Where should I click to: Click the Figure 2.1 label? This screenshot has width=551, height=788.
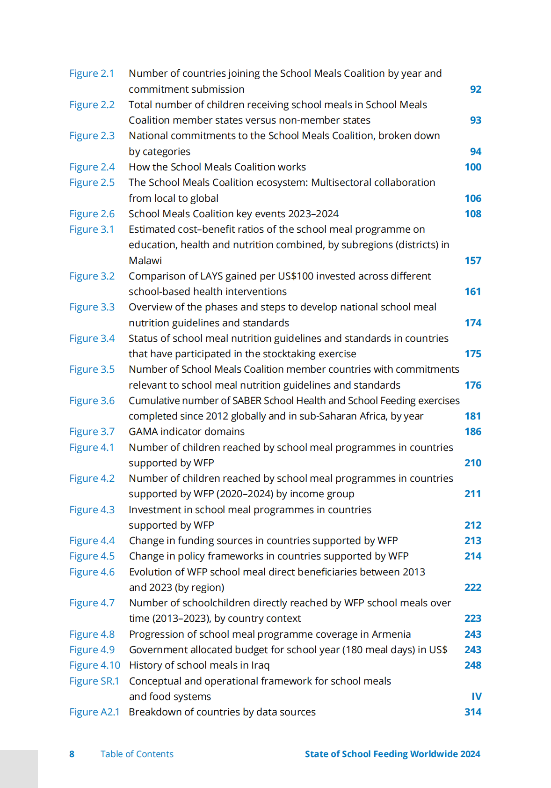(x=92, y=74)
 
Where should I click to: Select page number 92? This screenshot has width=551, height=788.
(x=475, y=89)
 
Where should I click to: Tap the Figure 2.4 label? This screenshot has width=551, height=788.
(x=92, y=167)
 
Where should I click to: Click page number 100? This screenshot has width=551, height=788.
(x=472, y=167)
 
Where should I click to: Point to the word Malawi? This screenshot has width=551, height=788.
(x=145, y=261)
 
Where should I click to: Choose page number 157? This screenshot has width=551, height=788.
(x=472, y=261)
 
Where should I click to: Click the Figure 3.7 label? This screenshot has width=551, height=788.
(x=92, y=432)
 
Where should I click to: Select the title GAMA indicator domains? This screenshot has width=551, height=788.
(x=187, y=432)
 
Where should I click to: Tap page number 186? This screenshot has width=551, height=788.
(x=472, y=432)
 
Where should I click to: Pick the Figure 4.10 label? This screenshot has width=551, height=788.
(x=94, y=665)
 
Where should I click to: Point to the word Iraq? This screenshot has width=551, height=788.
(x=260, y=665)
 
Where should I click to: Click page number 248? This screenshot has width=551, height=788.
(x=472, y=665)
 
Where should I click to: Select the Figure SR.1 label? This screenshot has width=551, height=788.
(x=94, y=681)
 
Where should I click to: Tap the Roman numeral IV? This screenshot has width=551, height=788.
(x=476, y=697)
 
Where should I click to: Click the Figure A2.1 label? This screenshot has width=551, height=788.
(x=94, y=712)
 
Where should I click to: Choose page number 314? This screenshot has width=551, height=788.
(x=472, y=712)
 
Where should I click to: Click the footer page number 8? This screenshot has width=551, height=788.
(x=72, y=754)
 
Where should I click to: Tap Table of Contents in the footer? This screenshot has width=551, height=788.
(x=137, y=754)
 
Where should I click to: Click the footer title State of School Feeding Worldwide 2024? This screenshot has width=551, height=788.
(x=392, y=754)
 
